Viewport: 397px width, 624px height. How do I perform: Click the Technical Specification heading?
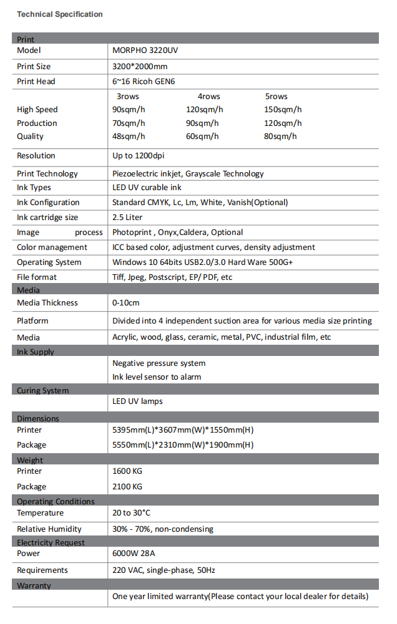[x=60, y=14]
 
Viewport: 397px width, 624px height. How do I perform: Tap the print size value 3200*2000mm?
[x=140, y=66]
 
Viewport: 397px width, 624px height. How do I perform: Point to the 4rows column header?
[x=208, y=97]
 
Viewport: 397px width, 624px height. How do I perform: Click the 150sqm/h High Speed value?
[x=283, y=110]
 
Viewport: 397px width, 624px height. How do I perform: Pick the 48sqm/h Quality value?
[x=129, y=137]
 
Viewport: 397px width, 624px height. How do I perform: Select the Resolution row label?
[x=36, y=156]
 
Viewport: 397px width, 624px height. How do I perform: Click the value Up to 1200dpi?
[x=139, y=156]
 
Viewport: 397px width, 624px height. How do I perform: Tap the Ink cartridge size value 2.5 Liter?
[x=127, y=218]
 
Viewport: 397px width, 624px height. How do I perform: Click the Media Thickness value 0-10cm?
[x=126, y=303]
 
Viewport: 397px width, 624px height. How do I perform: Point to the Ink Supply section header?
[x=36, y=352]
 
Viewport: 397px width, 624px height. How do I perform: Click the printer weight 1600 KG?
[x=127, y=471]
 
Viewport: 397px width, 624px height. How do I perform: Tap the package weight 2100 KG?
[x=127, y=487]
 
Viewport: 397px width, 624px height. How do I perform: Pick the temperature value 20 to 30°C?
[x=131, y=513]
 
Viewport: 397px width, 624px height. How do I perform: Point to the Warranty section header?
[x=34, y=586]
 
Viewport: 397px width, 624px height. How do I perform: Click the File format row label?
[x=37, y=277]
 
